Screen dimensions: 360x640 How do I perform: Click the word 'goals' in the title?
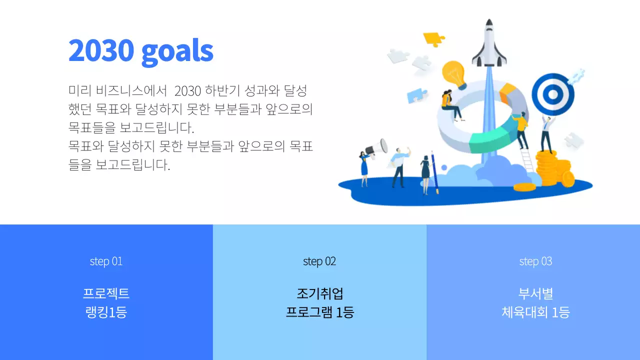[x=177, y=50]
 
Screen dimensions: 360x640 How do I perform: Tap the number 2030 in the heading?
[x=101, y=50]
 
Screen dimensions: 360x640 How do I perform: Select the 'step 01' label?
[x=106, y=261]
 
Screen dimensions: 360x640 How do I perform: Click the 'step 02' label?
[x=319, y=261]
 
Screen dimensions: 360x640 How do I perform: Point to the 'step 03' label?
[x=535, y=261]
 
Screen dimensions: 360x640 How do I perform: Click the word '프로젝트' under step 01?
[x=106, y=293]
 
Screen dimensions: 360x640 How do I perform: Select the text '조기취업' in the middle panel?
[x=319, y=293]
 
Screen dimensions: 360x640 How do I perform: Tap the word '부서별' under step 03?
[x=535, y=293]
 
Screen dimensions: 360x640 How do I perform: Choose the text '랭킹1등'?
[x=106, y=312]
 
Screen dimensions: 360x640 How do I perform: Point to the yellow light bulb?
[x=454, y=73]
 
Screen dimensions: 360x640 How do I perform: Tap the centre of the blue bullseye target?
[x=552, y=94]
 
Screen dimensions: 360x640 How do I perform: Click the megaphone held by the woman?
[x=377, y=147]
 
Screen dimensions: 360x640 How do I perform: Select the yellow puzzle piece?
[x=433, y=38]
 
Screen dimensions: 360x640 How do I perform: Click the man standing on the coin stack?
[x=547, y=132]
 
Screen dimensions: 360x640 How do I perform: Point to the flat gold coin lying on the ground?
[x=524, y=187]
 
